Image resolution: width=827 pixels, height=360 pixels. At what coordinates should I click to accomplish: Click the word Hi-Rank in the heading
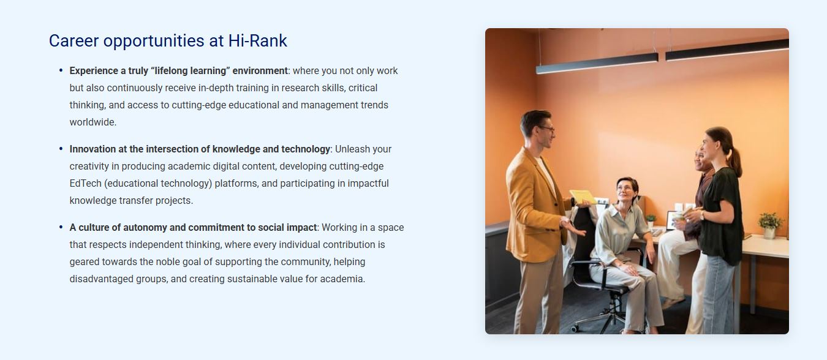click(x=258, y=40)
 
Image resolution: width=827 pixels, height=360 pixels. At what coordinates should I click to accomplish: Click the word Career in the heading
click(x=74, y=40)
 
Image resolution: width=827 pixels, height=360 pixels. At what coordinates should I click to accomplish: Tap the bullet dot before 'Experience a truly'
click(x=61, y=70)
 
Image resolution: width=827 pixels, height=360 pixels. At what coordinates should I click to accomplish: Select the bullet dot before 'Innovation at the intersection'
click(x=61, y=149)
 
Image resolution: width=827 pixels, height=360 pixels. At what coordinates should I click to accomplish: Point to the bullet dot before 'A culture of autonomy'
click(x=61, y=227)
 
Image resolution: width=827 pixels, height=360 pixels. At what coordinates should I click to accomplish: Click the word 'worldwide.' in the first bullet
click(x=93, y=122)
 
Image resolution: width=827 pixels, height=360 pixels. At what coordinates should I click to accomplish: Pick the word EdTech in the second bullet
click(x=85, y=183)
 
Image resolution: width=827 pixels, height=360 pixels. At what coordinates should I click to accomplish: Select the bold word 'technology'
click(x=306, y=149)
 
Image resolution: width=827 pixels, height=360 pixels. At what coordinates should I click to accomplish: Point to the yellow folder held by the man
click(x=582, y=197)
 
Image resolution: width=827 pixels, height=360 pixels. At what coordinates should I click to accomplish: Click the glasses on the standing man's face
click(x=547, y=129)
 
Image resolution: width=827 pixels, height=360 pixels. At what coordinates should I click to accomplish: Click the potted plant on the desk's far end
click(x=770, y=225)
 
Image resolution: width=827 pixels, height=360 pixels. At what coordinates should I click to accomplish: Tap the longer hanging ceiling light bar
click(x=597, y=64)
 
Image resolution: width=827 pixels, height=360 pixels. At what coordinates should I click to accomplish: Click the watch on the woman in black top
click(x=701, y=215)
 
